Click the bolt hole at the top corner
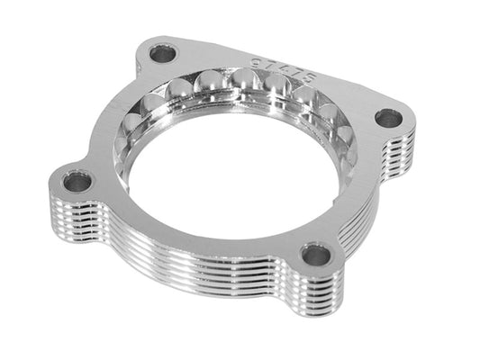(162, 54)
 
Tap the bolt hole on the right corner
(388, 117)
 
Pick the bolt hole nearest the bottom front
(315, 255)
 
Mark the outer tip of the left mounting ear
(50, 184)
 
